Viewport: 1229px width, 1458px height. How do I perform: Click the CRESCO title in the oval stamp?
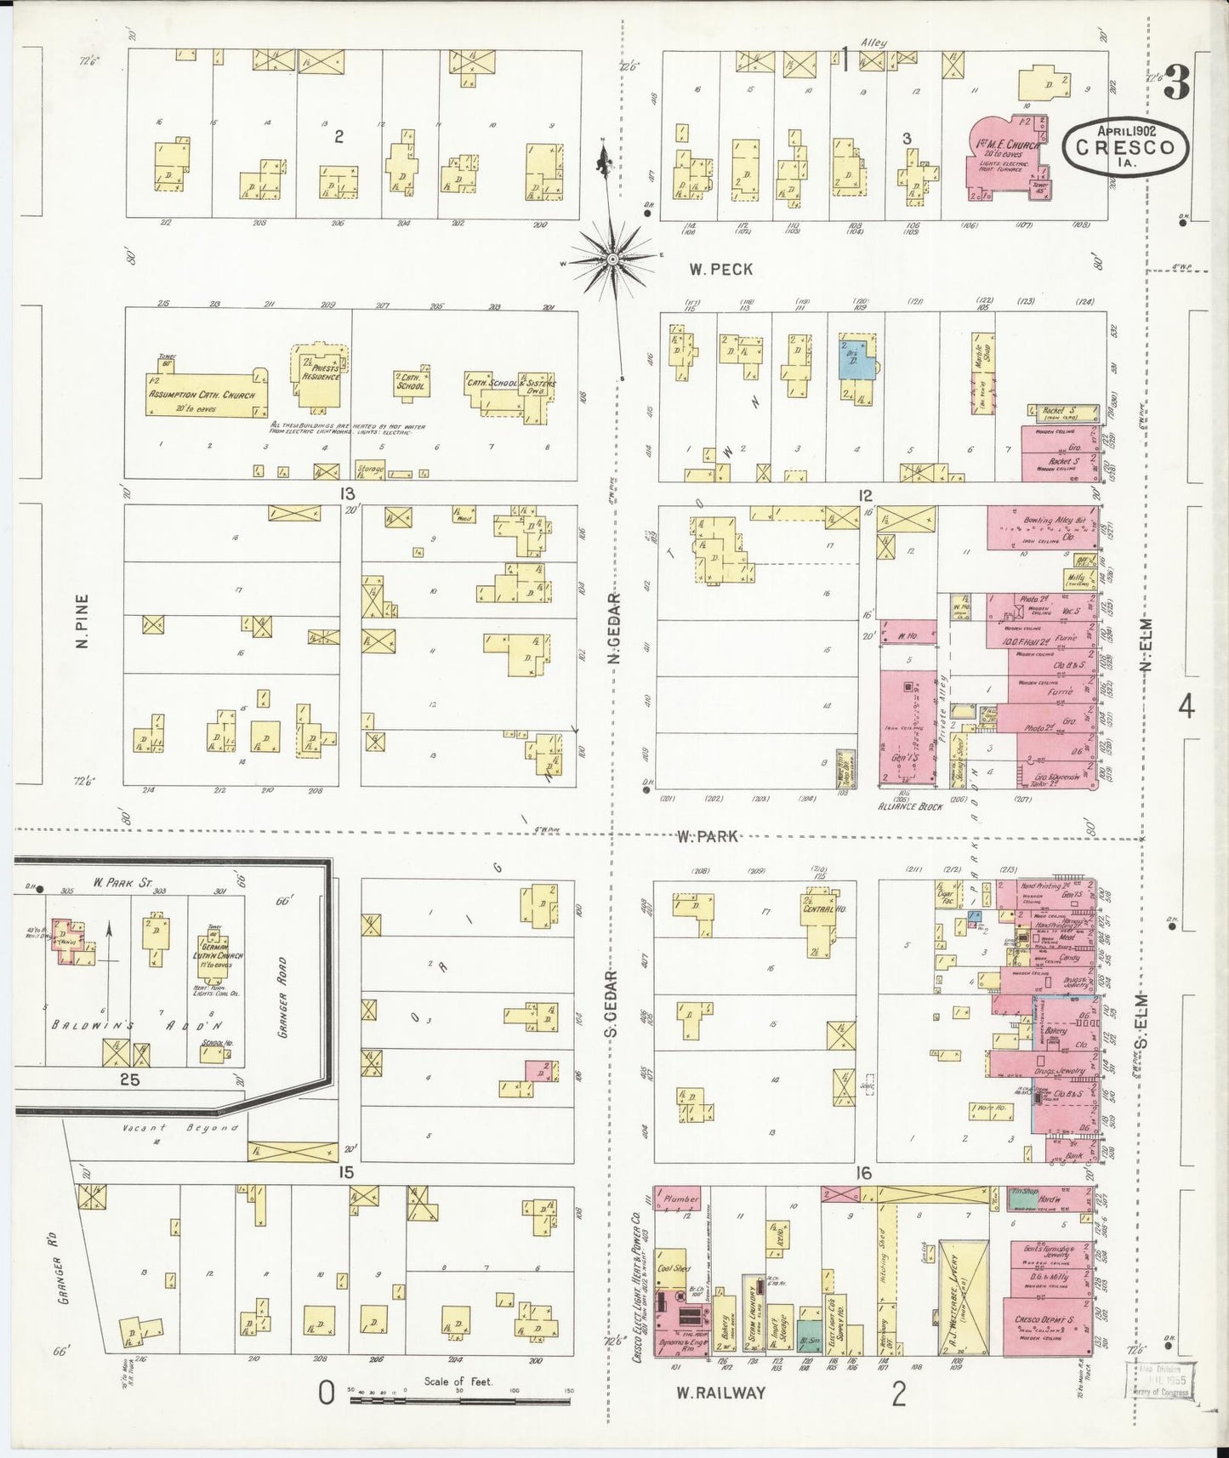[x=1125, y=146]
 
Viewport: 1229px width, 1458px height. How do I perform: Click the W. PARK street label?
[x=708, y=836]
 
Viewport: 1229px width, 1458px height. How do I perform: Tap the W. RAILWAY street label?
[x=720, y=1393]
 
